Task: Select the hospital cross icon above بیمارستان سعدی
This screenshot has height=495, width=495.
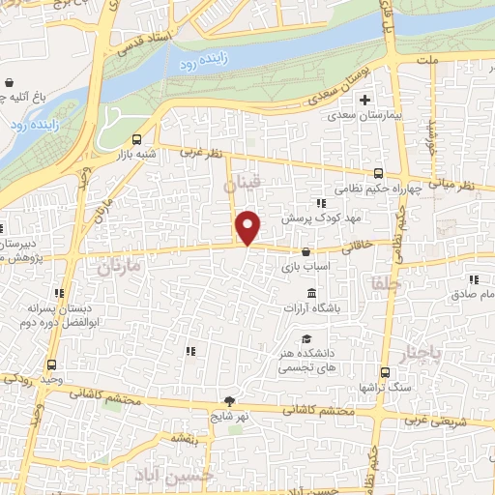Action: point(365,100)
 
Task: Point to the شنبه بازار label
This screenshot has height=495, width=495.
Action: point(136,154)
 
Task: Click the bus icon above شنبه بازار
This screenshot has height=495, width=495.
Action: point(136,138)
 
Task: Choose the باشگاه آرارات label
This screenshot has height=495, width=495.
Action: point(312,307)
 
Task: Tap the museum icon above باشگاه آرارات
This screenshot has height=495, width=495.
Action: point(311,293)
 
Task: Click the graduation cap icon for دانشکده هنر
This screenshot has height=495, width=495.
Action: point(306,339)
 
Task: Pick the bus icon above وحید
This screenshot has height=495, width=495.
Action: point(51,365)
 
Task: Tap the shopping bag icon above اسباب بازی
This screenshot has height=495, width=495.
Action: point(306,251)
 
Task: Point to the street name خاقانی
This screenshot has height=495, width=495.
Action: point(362,246)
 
